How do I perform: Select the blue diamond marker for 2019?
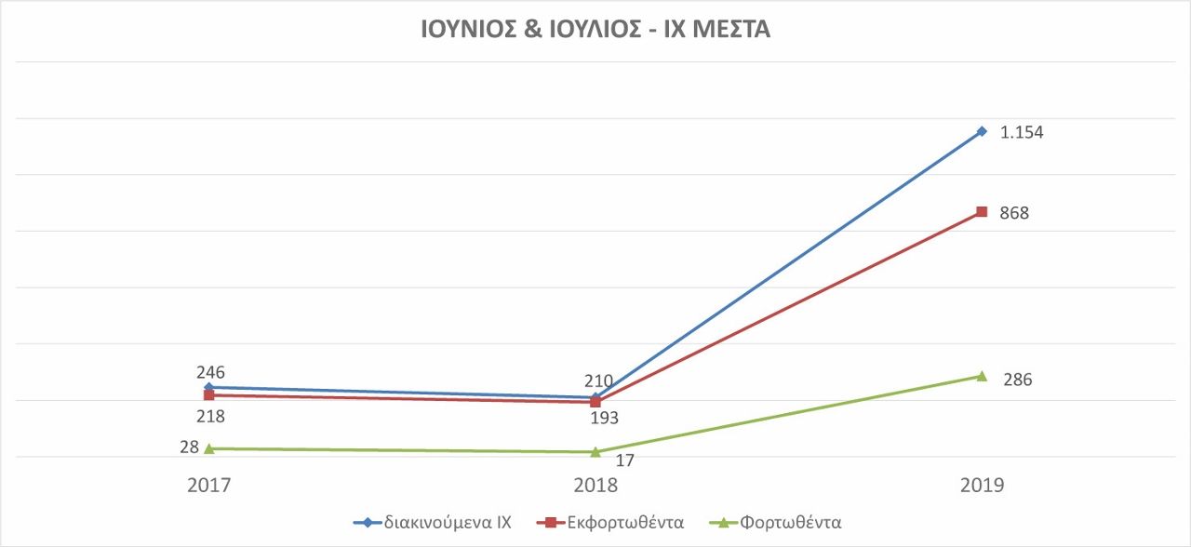(982, 131)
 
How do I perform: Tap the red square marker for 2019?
(982, 212)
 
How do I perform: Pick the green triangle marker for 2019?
(982, 376)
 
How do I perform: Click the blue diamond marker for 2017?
(208, 387)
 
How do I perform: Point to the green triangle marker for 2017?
(208, 448)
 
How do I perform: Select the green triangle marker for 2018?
(595, 452)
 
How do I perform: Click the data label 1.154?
(1022, 133)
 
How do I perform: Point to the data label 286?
(1018, 380)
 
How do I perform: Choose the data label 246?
(210, 372)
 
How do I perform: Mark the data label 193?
(604, 418)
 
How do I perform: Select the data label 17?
(625, 459)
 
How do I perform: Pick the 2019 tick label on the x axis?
(982, 486)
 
